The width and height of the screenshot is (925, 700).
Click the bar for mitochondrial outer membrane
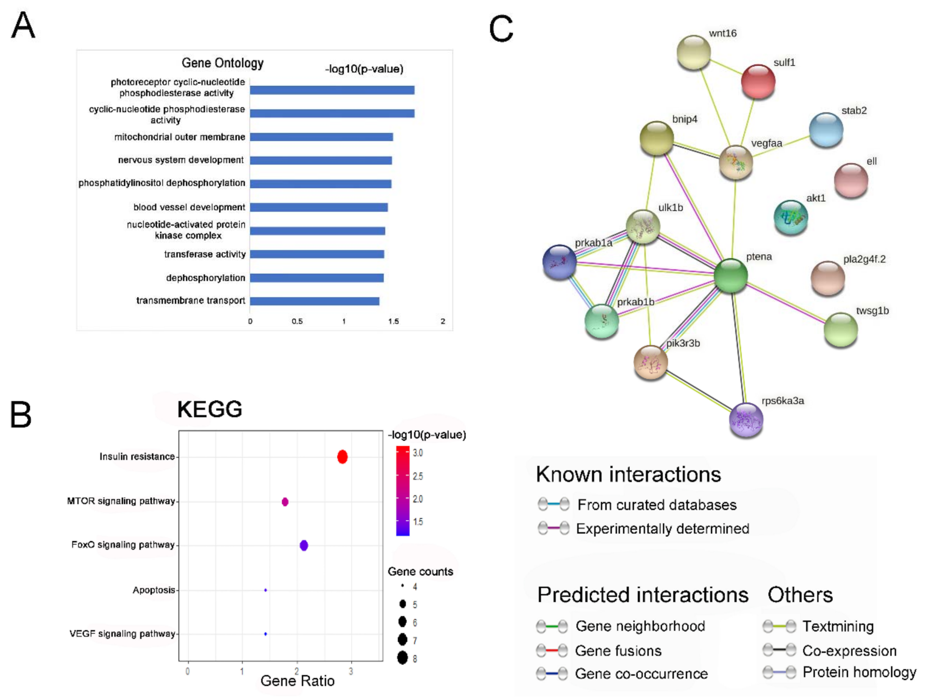pos(321,137)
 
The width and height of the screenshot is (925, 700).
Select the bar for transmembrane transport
pos(314,301)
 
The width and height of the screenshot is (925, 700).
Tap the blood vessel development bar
pos(318,207)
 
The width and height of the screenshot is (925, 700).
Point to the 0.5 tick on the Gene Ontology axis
pos(297,321)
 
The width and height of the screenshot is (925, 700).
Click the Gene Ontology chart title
pos(222,63)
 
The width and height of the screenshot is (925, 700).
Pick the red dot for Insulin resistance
pos(342,457)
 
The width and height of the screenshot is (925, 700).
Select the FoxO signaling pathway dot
pos(304,545)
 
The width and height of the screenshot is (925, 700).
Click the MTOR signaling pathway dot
pos(285,501)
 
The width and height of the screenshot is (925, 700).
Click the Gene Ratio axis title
pos(297,681)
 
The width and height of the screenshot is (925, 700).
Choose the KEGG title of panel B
pos(210,409)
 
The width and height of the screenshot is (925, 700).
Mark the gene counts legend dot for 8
pos(402,658)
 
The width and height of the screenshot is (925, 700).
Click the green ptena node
pos(730,275)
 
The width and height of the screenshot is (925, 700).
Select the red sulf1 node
pos(758,81)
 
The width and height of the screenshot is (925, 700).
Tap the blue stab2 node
pos(826,130)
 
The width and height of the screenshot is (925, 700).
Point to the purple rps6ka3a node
pos(746,420)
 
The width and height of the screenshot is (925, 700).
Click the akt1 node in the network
pos(791,217)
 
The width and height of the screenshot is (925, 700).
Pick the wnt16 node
pos(693,52)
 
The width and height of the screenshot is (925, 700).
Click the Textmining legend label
pos(838,626)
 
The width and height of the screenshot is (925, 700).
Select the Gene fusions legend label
pos(618,651)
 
